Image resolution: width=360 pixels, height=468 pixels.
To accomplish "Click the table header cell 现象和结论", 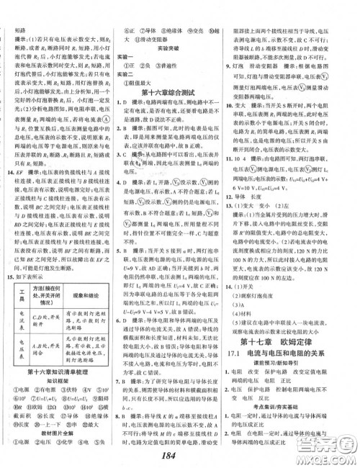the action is click(88, 295).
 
